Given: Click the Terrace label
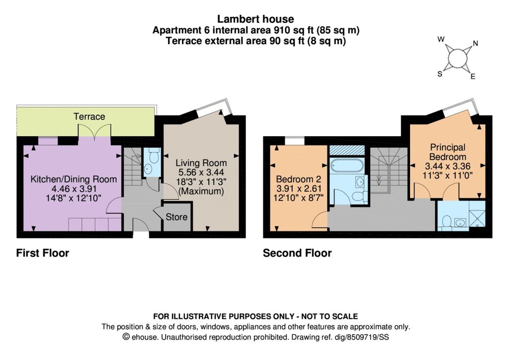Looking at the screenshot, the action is [89, 116].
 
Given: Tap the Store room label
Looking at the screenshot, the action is [176, 217].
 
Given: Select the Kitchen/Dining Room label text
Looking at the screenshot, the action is [74, 179].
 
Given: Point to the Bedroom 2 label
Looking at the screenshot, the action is [299, 179].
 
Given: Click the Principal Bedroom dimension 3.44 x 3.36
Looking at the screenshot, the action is [448, 166].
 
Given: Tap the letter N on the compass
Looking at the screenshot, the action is [476, 43].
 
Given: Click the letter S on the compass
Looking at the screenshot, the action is [440, 74].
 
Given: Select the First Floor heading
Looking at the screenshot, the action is [43, 253].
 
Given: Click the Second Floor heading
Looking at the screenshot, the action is [297, 253].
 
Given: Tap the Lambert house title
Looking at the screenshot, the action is [256, 19].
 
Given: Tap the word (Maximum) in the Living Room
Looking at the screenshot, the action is [201, 191].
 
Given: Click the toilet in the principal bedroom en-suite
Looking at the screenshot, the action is [447, 221].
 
